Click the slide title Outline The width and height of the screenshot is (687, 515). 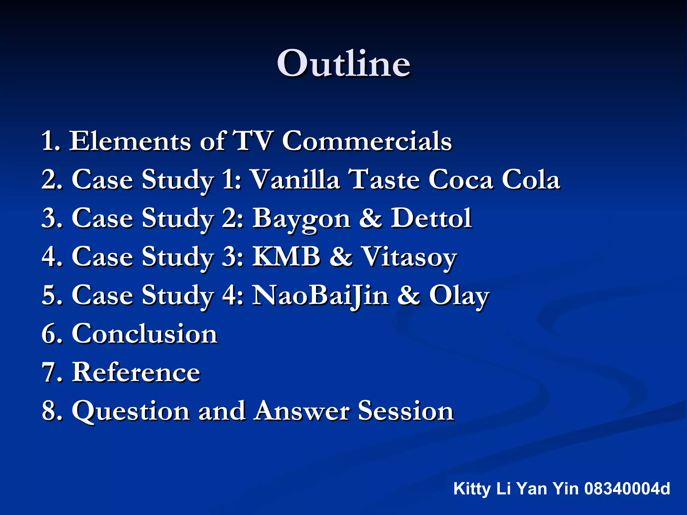click(x=343, y=64)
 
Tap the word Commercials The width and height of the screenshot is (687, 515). click(x=367, y=141)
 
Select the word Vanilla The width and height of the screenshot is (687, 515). click(x=296, y=179)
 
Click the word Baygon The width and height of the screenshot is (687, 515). click(x=301, y=218)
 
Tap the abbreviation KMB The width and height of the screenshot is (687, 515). click(x=286, y=256)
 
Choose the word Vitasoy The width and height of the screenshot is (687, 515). click(x=410, y=256)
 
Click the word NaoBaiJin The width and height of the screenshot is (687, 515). click(x=320, y=295)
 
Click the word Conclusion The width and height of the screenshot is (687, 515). click(x=145, y=334)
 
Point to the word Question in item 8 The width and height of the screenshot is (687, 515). click(x=131, y=411)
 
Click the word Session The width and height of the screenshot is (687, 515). click(x=406, y=411)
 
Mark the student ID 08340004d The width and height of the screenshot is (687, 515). click(x=627, y=489)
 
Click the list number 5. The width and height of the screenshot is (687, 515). click(x=50, y=295)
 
